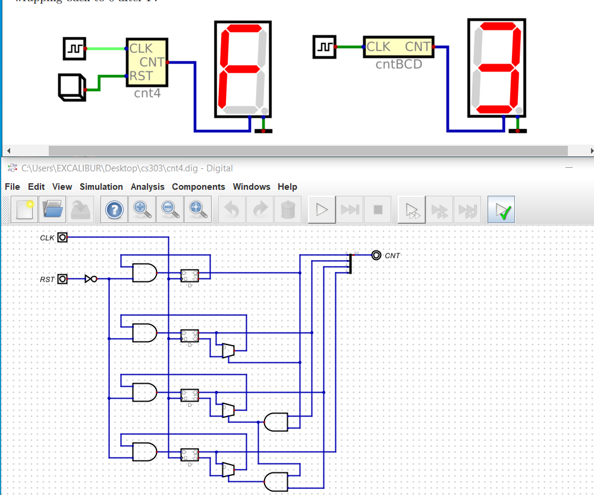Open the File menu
tap(12, 187)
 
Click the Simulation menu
tap(101, 187)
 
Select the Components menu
tap(199, 187)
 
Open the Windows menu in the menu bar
tap(251, 187)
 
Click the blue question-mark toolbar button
tap(114, 209)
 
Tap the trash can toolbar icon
tap(288, 209)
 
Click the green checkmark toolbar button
tap(501, 209)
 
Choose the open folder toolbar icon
tap(52, 209)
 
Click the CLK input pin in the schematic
tap(62, 237)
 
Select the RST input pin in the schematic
tap(62, 279)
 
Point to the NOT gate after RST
tap(91, 279)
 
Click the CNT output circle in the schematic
tap(376, 255)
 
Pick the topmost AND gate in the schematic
tap(144, 273)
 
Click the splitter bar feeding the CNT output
tap(350, 262)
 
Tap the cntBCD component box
tap(398, 46)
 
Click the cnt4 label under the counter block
tap(147, 93)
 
